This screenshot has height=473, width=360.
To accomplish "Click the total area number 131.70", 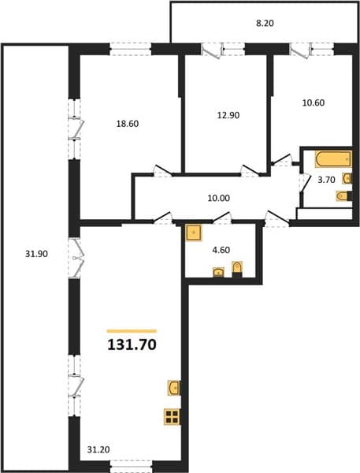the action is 132,345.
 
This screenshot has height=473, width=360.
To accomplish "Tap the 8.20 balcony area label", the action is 265,23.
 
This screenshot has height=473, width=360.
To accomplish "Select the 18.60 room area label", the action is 128,124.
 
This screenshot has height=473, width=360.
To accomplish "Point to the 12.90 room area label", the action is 228,115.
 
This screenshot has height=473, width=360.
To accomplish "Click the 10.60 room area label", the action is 314,102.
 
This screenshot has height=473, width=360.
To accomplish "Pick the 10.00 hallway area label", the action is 218,198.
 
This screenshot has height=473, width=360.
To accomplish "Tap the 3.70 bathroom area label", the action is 327,180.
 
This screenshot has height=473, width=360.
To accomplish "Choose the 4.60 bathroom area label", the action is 221,250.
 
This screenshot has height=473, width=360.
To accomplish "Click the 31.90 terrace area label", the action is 36,254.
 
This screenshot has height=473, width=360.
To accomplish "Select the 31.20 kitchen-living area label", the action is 98,450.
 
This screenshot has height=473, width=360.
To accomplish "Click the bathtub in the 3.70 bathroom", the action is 333,159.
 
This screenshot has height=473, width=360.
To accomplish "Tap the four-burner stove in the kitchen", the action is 173,416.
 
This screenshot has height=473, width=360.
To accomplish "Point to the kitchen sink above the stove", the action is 174,388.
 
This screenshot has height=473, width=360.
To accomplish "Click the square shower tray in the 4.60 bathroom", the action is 194,233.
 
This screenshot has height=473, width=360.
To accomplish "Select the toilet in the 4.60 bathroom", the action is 237,269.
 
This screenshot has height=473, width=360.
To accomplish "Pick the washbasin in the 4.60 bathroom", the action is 218,272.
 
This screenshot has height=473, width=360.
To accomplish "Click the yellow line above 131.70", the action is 132,331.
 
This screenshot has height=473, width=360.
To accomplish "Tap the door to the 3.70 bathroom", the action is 305,183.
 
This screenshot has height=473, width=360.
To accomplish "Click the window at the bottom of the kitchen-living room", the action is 131,466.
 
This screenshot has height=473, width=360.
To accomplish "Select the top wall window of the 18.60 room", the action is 130,49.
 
